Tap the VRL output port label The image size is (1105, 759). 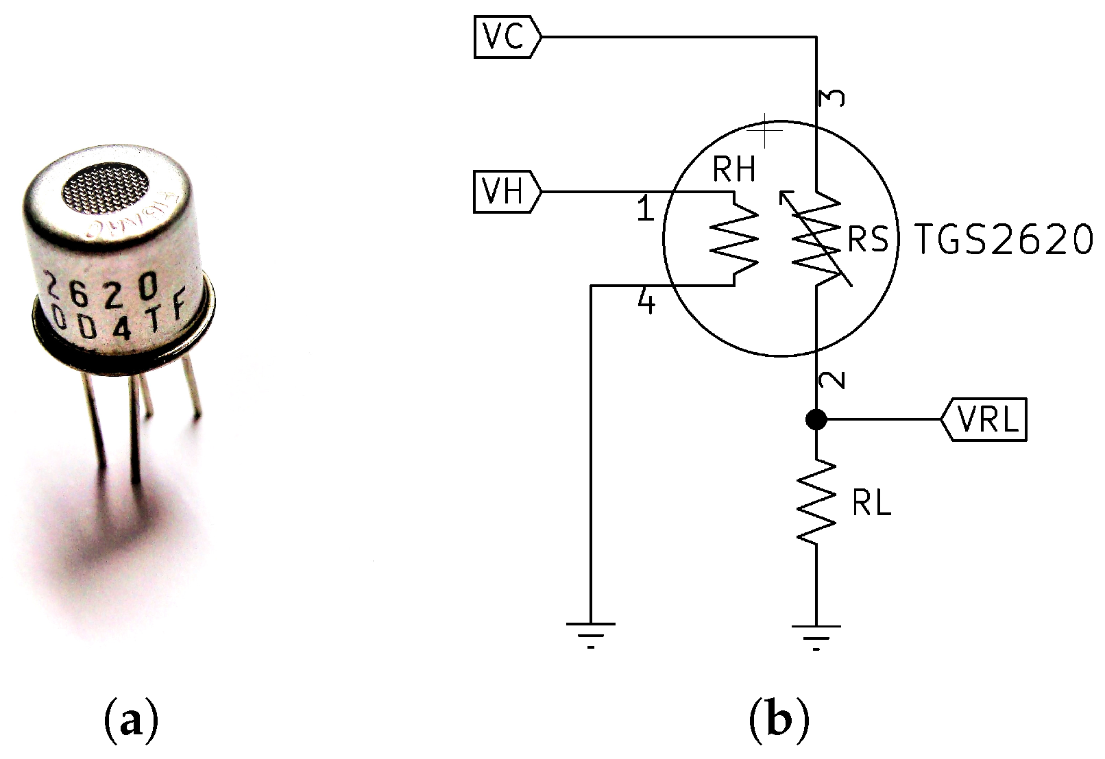984,419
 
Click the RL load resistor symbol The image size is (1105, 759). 816,502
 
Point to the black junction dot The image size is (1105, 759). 816,419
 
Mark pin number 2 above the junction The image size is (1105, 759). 832,381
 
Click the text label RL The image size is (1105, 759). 871,505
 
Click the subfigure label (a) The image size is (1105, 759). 130,721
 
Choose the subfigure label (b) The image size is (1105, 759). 779,721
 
